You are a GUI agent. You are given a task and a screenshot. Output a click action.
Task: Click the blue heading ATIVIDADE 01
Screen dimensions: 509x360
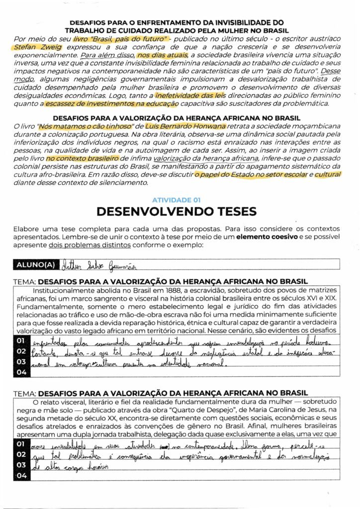click(177, 199)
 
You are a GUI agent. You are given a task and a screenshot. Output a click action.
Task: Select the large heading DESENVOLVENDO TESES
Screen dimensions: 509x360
click(177, 212)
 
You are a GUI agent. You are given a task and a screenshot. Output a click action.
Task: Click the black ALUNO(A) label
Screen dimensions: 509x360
click(37, 264)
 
